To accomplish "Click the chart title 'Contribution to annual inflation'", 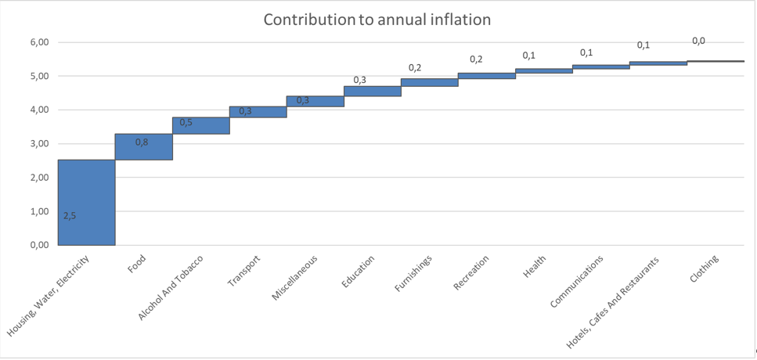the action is click(377, 20).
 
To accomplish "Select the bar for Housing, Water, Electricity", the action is click(86, 203).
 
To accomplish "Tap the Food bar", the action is click(144, 146).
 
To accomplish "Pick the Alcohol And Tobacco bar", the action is click(201, 125).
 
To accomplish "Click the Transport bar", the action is click(258, 112).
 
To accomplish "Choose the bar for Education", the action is click(373, 92).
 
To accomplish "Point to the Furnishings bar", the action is click(430, 82).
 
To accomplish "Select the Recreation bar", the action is click(487, 76).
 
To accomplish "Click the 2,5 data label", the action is click(70, 216).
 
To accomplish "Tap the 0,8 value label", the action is click(142, 142).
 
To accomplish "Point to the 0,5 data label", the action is click(186, 122).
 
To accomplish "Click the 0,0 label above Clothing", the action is click(698, 41).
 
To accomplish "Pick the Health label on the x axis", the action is click(535, 265).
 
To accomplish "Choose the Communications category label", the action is click(576, 280).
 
